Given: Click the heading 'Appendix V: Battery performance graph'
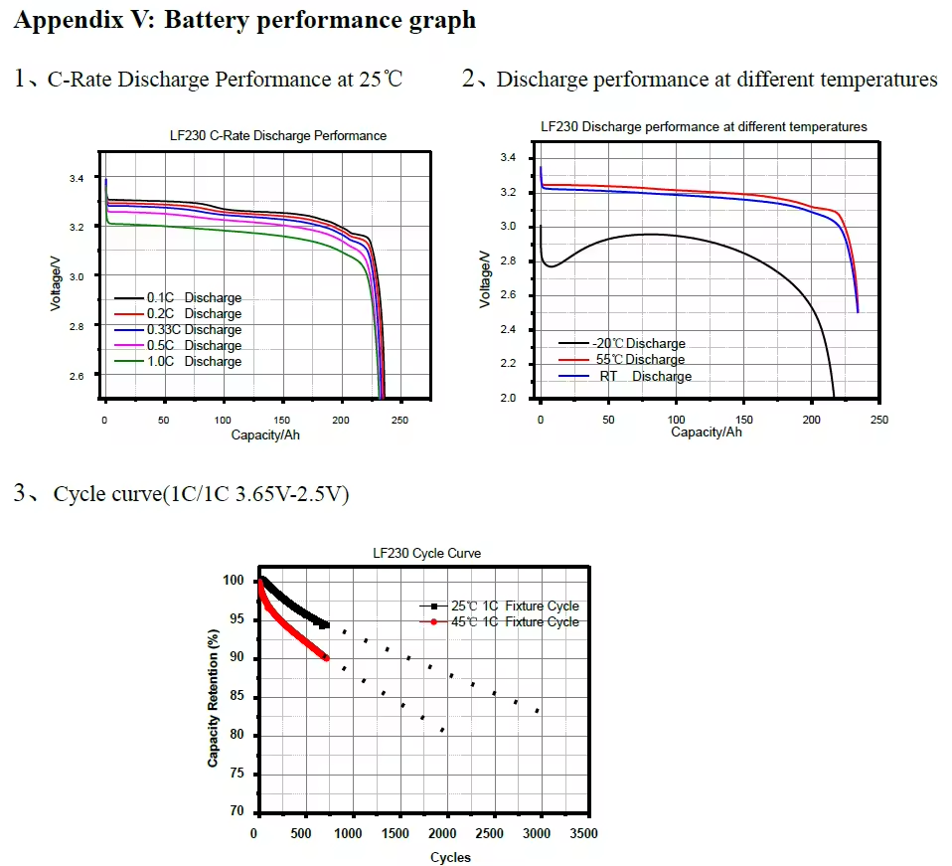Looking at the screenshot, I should coord(244,20).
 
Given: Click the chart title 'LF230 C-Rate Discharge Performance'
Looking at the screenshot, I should coord(278,135).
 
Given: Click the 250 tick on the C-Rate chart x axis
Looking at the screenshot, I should coord(398,421).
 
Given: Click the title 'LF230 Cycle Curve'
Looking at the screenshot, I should coord(426,553).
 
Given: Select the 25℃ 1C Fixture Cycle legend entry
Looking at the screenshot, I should coord(506,606).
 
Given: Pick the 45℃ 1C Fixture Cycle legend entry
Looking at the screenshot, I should coord(506,622).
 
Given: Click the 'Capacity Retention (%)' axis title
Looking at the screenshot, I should coord(213,696).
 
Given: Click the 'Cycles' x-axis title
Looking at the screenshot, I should coord(450,857).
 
